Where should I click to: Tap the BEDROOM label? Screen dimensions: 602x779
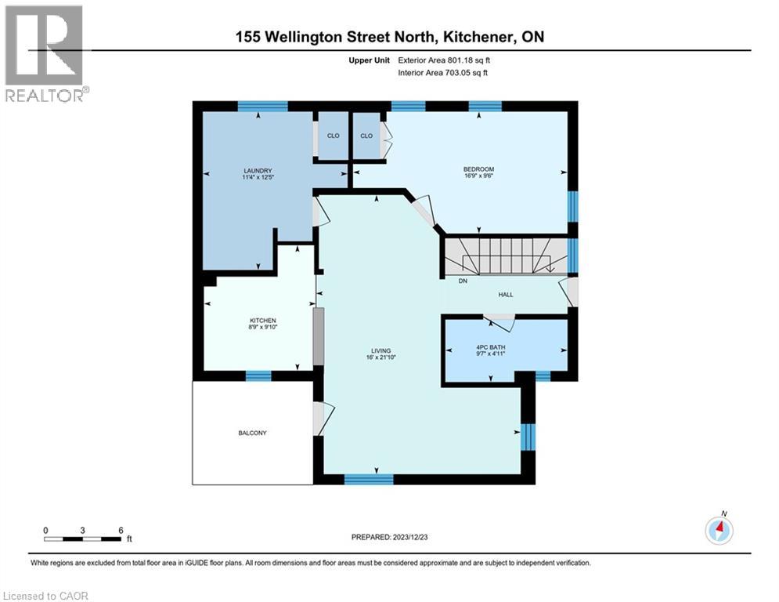pyautogui.click(x=478, y=169)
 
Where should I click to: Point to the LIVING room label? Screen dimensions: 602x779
pyautogui.click(x=381, y=350)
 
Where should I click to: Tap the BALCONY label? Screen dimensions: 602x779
pyautogui.click(x=254, y=433)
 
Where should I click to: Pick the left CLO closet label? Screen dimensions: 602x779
pyautogui.click(x=333, y=136)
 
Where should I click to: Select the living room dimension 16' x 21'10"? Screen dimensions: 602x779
pyautogui.click(x=381, y=358)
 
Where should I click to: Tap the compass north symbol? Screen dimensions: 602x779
pyautogui.click(x=719, y=531)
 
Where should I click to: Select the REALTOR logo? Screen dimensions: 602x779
pyautogui.click(x=45, y=53)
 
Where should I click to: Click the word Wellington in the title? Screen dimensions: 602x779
pyautogui.click(x=322, y=36)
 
